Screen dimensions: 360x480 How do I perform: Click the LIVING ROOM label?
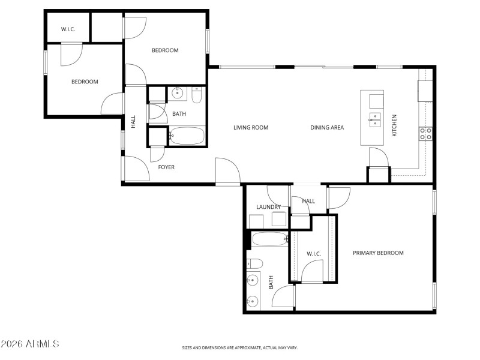pyautogui.click(x=251, y=127)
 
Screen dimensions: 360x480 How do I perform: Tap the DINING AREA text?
pyautogui.click(x=327, y=127)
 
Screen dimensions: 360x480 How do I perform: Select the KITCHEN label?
pyautogui.click(x=394, y=125)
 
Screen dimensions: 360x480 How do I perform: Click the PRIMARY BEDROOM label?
pyautogui.click(x=378, y=253)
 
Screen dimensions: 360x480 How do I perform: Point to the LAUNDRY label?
pyautogui.click(x=268, y=207)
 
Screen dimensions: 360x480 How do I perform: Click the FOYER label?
pyautogui.click(x=166, y=167)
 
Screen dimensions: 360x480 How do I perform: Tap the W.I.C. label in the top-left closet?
pyautogui.click(x=68, y=29)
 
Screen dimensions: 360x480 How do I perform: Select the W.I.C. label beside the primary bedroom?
pyautogui.click(x=314, y=254)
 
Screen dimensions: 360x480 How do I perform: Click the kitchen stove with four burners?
pyautogui.click(x=426, y=133)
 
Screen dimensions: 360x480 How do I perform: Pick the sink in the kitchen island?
pyautogui.click(x=375, y=118)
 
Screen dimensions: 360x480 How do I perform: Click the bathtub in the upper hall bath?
pyautogui.click(x=187, y=136)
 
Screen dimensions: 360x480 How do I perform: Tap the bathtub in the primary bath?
pyautogui.click(x=270, y=239)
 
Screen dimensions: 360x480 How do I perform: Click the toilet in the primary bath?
pyautogui.click(x=254, y=263)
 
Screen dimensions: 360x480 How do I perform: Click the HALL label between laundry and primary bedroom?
pyautogui.click(x=308, y=201)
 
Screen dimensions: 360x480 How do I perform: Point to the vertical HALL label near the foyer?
pyautogui.click(x=133, y=122)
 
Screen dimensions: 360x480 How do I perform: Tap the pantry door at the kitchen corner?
pyautogui.click(x=378, y=159)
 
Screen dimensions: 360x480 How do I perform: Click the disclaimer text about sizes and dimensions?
pyautogui.click(x=240, y=347)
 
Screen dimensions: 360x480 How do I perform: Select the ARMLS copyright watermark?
pyautogui.click(x=30, y=344)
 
